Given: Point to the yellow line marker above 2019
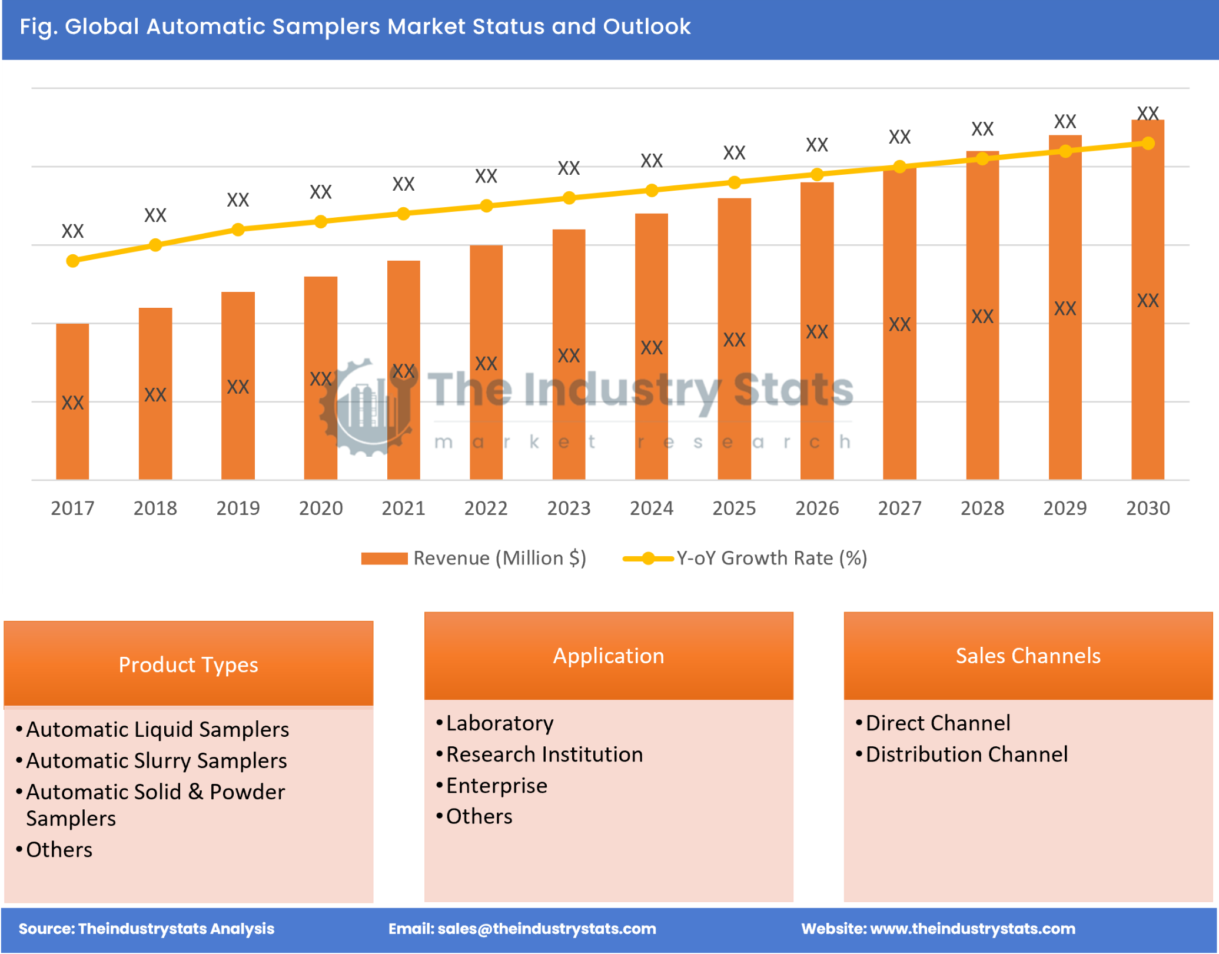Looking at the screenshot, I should click(238, 230).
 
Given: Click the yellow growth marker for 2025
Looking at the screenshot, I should click(734, 182).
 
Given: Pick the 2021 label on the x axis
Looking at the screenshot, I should click(403, 508).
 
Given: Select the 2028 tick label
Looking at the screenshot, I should click(982, 508).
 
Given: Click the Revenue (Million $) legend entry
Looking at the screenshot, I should click(474, 558).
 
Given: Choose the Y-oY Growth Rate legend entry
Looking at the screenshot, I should click(745, 558).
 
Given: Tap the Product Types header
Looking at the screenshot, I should click(188, 664).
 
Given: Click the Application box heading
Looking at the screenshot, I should click(609, 656).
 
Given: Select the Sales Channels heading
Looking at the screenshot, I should click(1028, 656).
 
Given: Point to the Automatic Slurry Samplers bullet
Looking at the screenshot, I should click(156, 760).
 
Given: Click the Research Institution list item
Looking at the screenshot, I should click(544, 754).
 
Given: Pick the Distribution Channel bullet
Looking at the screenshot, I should click(966, 754).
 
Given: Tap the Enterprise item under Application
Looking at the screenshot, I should click(496, 785).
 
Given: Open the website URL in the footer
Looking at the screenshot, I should click(972, 928).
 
